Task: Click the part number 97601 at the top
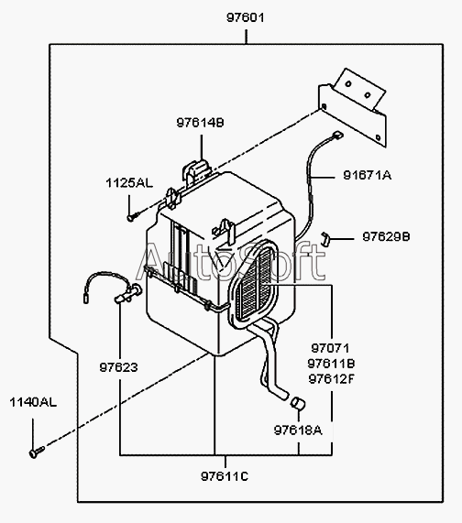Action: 246,17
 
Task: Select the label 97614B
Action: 200,123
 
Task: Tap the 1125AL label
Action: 129,183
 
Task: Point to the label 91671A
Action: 368,175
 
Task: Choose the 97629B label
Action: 386,237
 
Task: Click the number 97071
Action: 330,348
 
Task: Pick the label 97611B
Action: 331,364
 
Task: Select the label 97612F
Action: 331,379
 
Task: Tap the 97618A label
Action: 298,430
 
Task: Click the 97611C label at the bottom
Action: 225,476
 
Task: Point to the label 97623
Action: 118,367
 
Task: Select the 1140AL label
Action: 33,402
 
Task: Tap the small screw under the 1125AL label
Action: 133,216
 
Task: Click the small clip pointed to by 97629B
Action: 325,238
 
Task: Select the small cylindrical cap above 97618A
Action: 298,403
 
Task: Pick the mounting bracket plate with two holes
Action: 354,107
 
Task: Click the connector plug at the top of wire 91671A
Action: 337,135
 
